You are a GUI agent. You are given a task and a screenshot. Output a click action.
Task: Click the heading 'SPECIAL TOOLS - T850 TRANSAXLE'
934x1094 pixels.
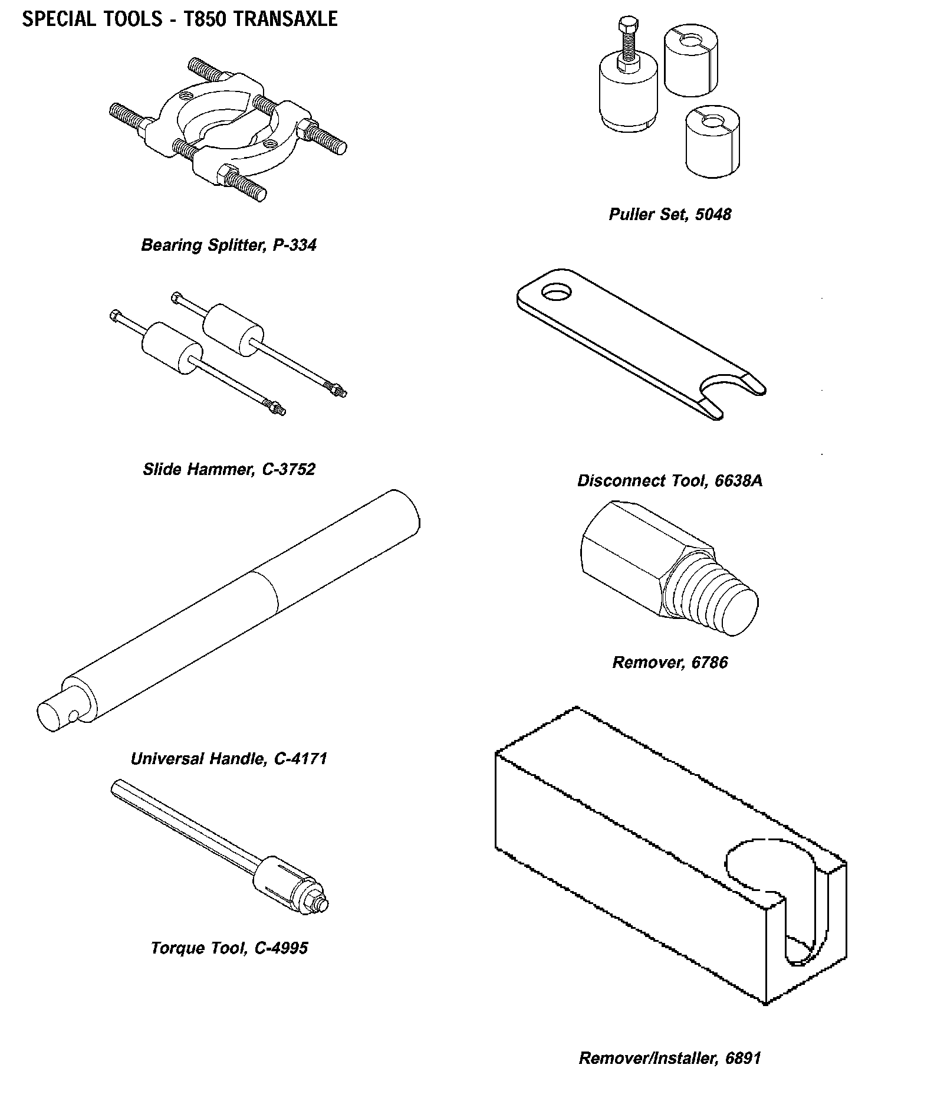click(x=179, y=19)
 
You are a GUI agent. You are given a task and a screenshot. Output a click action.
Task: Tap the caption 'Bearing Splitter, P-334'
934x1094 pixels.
click(x=229, y=245)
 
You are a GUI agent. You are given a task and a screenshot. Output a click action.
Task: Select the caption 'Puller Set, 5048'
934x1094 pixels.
click(x=670, y=214)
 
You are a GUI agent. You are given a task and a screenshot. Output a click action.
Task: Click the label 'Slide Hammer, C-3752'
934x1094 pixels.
click(x=229, y=469)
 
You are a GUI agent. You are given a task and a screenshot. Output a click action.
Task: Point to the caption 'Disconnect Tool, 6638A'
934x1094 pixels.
click(x=670, y=481)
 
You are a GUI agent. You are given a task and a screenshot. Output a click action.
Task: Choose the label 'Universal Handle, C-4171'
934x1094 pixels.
click(x=229, y=758)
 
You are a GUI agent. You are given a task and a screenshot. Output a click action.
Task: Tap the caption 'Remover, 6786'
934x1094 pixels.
click(x=670, y=663)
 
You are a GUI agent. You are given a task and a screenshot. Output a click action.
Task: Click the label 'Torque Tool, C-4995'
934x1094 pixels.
click(x=229, y=948)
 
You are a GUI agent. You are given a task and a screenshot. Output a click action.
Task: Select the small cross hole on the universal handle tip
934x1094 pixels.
click(x=73, y=716)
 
